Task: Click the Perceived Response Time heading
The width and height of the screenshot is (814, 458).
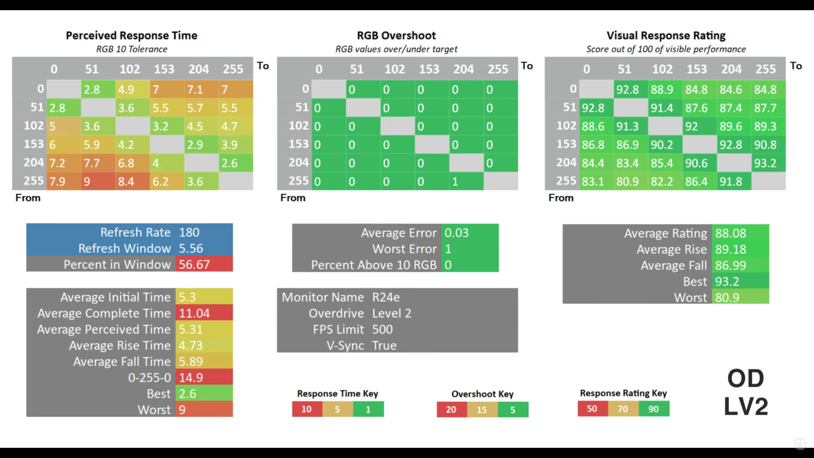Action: pyautogui.click(x=131, y=35)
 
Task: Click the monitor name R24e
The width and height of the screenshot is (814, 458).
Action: pyautogui.click(x=386, y=297)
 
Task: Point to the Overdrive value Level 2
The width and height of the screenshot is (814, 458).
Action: pyautogui.click(x=392, y=313)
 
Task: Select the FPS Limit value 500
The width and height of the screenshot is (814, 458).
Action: pyautogui.click(x=383, y=330)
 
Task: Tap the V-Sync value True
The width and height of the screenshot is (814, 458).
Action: pyautogui.click(x=384, y=345)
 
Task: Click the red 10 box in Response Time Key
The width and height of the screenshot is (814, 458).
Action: pyautogui.click(x=307, y=409)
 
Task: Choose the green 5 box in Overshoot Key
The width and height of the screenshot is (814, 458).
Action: pyautogui.click(x=513, y=410)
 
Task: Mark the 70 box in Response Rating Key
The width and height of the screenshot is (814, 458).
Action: pyautogui.click(x=623, y=409)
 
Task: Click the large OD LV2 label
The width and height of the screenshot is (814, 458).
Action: pyautogui.click(x=746, y=392)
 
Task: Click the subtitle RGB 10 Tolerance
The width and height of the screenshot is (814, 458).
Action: pyautogui.click(x=132, y=49)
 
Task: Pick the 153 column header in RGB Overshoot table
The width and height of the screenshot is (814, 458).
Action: pyautogui.click(x=429, y=69)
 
